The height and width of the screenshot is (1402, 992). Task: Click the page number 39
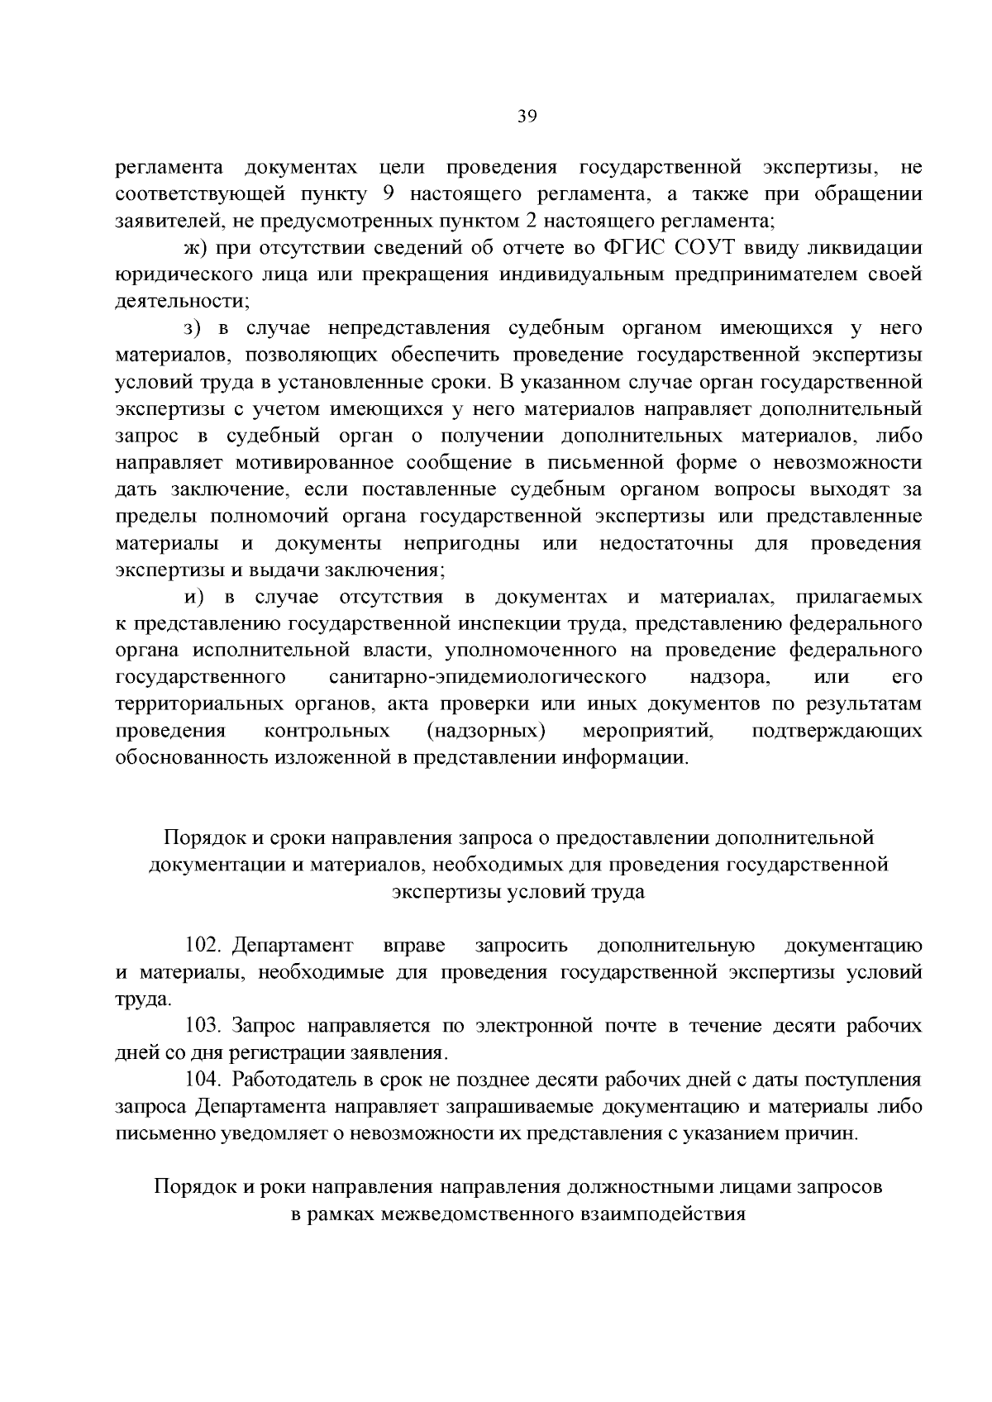pyautogui.click(x=527, y=117)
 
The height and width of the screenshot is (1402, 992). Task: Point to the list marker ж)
pyautogui.click(x=195, y=248)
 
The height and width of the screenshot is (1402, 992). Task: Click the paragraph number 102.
pyautogui.click(x=205, y=945)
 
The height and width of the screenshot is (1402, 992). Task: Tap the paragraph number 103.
pyautogui.click(x=205, y=1026)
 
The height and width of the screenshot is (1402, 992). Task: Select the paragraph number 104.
pyautogui.click(x=205, y=1080)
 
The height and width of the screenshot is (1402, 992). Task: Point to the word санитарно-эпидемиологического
pyautogui.click(x=487, y=678)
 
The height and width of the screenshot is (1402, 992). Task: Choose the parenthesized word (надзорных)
pyautogui.click(x=486, y=732)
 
